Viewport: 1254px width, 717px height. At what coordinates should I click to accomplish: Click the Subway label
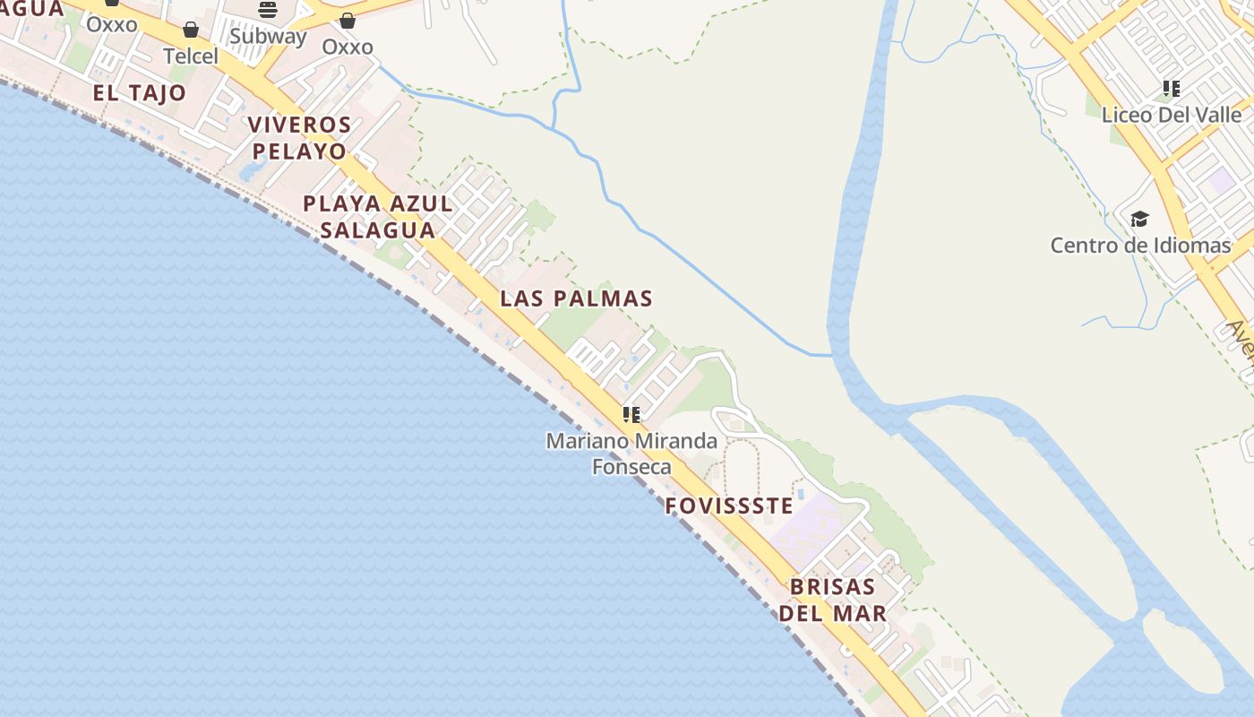click(x=268, y=37)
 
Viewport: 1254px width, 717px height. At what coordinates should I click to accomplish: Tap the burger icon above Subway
click(x=268, y=10)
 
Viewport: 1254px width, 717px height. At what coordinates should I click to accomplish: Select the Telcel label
click(x=190, y=56)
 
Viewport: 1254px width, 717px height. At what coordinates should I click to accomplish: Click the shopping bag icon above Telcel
click(x=190, y=30)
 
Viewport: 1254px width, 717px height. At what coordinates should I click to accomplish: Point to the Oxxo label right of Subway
click(x=347, y=47)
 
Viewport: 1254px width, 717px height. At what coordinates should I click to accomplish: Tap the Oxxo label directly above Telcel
click(x=112, y=24)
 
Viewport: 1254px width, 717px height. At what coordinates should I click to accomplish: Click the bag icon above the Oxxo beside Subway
click(x=347, y=21)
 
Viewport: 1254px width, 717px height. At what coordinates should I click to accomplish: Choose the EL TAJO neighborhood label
click(x=139, y=93)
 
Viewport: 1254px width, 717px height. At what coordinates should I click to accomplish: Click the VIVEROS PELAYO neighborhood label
click(x=299, y=137)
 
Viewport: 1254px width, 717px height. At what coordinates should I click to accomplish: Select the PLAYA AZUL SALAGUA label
click(x=378, y=217)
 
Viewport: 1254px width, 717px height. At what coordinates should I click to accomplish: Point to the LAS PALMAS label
click(x=576, y=298)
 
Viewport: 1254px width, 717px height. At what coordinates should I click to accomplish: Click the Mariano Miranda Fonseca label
click(x=631, y=454)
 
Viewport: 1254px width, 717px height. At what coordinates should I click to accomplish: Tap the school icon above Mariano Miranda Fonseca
click(x=631, y=414)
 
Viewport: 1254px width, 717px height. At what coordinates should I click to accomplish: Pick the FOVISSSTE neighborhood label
click(x=729, y=506)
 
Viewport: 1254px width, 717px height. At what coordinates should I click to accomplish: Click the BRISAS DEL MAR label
click(x=832, y=600)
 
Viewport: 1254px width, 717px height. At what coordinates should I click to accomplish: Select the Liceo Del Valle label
click(x=1172, y=115)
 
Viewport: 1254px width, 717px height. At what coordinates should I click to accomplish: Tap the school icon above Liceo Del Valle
click(x=1172, y=89)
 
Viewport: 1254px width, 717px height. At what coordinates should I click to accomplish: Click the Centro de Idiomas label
click(x=1140, y=245)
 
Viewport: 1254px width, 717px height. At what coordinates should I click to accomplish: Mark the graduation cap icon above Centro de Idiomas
click(x=1139, y=219)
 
